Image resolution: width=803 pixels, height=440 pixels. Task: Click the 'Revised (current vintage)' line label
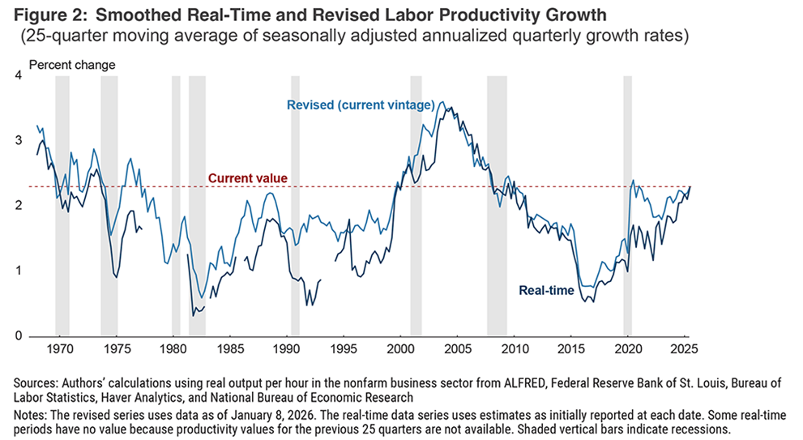coord(361,105)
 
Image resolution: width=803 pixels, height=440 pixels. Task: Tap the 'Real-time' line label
coord(546,290)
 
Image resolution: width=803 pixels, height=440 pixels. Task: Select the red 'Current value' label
coord(248,178)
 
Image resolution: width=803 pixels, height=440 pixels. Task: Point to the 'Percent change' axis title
coord(72,65)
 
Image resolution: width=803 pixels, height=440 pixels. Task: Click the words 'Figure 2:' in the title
coord(40,15)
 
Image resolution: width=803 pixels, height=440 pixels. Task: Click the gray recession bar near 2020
coord(627,203)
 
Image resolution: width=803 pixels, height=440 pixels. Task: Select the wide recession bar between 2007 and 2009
coord(497,203)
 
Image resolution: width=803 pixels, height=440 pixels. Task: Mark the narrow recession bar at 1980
coord(176,203)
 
